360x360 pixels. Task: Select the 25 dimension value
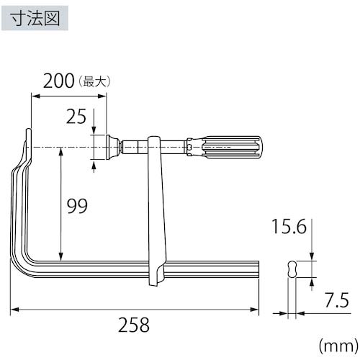(76, 115)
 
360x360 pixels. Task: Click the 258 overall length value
(134, 325)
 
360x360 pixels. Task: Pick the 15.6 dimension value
(290, 227)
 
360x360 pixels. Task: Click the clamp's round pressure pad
(109, 146)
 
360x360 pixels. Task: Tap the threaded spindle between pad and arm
(134, 146)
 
